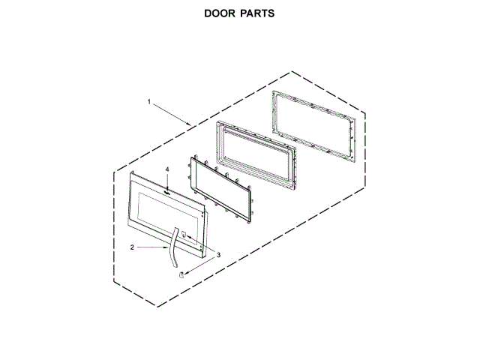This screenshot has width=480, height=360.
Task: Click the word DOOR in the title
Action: pyautogui.click(x=221, y=14)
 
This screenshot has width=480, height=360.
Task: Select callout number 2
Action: pyautogui.click(x=132, y=246)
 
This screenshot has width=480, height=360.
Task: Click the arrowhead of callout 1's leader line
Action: pyautogui.click(x=190, y=123)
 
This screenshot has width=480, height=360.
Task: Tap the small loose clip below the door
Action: pyautogui.click(x=181, y=274)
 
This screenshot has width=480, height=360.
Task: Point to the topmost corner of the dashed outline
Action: pyautogui.click(x=291, y=71)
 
